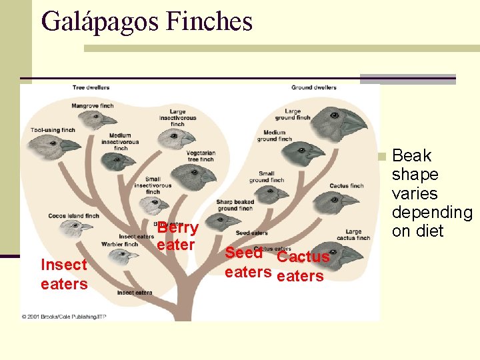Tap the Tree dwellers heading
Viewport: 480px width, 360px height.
click(91, 87)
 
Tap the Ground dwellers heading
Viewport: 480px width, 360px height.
click(313, 87)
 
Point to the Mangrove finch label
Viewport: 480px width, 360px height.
click(93, 105)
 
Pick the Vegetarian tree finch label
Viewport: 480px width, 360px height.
click(200, 156)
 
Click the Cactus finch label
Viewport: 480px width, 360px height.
click(346, 186)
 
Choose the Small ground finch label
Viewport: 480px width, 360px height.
click(266, 177)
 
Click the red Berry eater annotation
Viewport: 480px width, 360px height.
click(177, 236)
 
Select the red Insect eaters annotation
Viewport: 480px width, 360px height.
click(64, 274)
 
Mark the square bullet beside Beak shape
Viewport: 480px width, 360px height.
click(381, 157)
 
